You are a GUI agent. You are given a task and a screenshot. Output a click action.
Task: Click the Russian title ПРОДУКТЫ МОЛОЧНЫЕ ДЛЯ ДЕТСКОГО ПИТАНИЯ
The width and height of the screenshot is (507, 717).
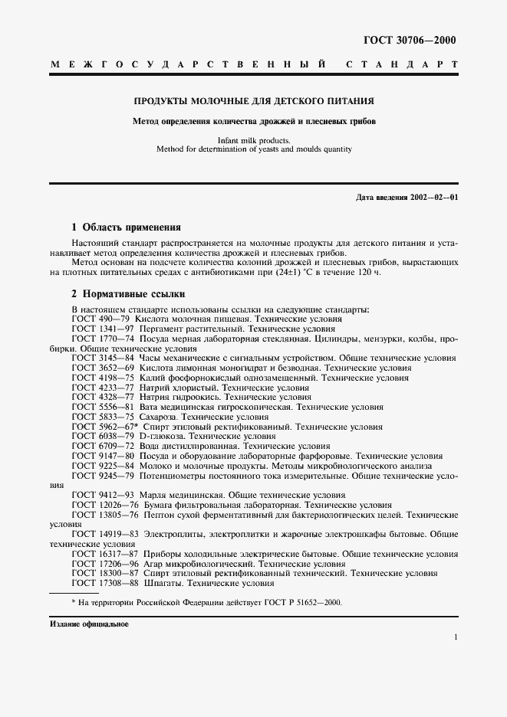click(253, 100)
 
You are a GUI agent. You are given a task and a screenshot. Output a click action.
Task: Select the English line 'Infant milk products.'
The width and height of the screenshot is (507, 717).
click(253, 140)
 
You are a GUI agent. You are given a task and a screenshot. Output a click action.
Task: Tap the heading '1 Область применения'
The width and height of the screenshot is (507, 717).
click(126, 228)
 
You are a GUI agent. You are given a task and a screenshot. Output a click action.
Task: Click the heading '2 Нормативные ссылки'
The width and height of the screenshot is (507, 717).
click(127, 294)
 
